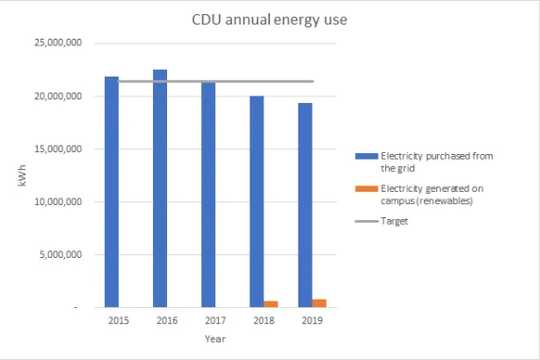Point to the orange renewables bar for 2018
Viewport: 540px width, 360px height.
tap(272, 303)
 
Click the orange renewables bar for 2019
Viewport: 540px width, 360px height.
tap(320, 302)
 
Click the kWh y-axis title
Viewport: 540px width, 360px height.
tap(22, 175)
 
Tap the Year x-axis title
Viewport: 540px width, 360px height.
tap(215, 338)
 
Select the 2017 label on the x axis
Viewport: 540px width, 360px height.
tap(215, 321)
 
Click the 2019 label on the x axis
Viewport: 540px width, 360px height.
tap(312, 321)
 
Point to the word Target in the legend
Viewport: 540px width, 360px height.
tap(395, 221)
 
